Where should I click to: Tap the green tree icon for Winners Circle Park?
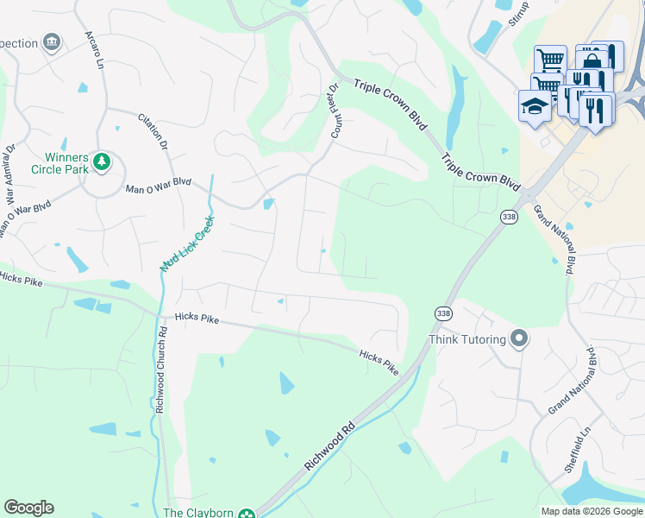coord(103,161)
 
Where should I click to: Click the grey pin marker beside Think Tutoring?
coord(518,338)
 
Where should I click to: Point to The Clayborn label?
coord(198,513)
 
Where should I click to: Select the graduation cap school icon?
coord(535,106)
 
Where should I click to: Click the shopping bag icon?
coord(591,60)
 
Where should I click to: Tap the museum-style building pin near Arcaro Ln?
coord(52,41)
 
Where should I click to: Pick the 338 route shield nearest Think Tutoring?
coord(443,313)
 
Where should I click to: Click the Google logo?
coord(28,508)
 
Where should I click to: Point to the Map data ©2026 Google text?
coord(591,511)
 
